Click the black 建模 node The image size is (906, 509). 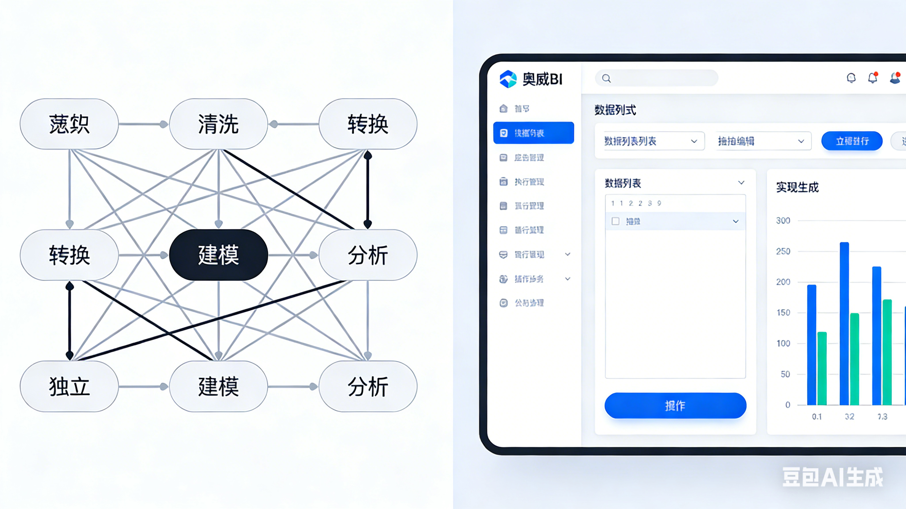[x=218, y=255]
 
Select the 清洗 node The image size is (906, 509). [x=218, y=124]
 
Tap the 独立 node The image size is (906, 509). [x=69, y=386]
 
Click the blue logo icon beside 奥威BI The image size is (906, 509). [x=508, y=79]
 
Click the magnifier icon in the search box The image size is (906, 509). [x=606, y=78]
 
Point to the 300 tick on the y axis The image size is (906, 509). [x=783, y=221]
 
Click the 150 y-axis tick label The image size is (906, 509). [x=783, y=312]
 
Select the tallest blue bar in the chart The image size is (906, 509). [x=844, y=323]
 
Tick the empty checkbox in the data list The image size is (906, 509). [x=616, y=221]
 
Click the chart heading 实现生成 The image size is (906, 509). [x=797, y=187]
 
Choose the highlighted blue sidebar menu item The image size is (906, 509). [x=534, y=133]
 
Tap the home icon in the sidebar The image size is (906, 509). [x=503, y=108]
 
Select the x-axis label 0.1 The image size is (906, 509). [x=817, y=416]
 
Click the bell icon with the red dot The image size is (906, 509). [x=872, y=78]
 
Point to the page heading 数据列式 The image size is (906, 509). [x=615, y=110]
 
